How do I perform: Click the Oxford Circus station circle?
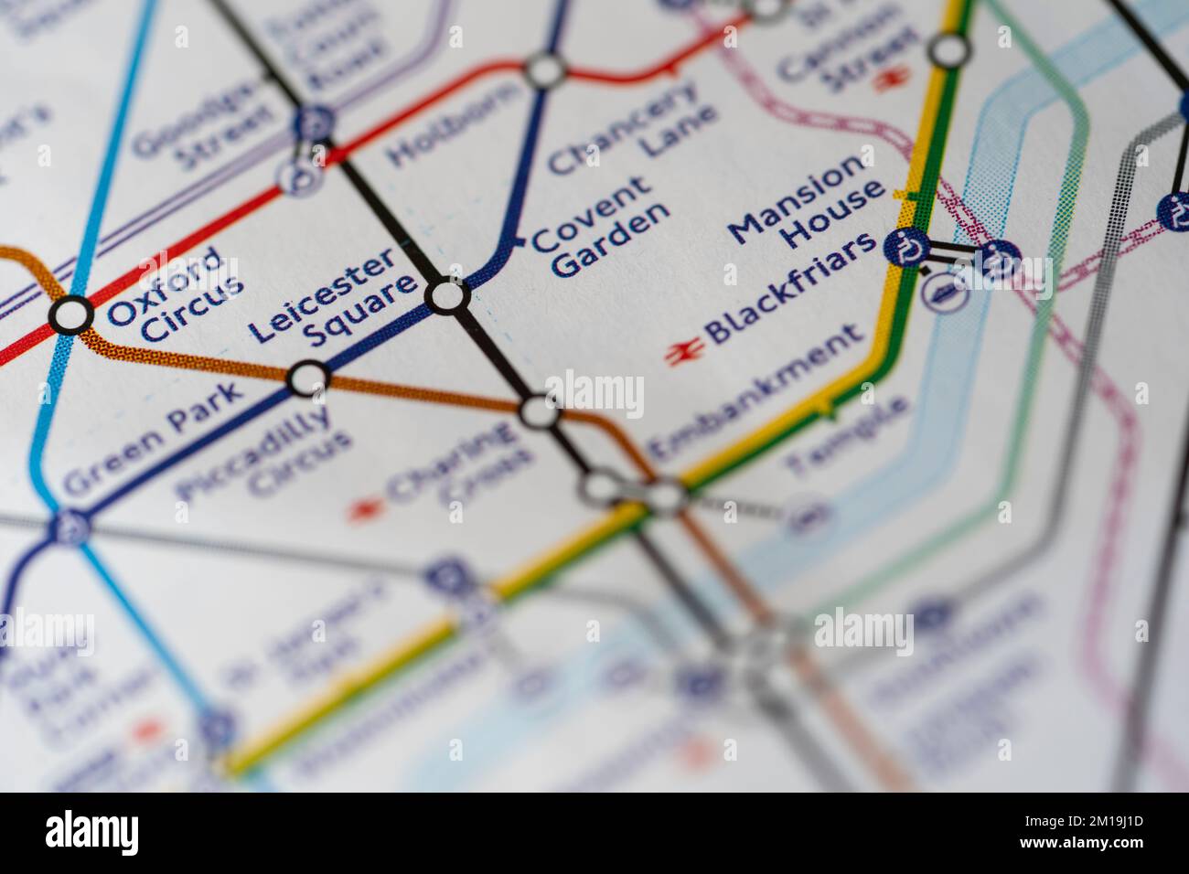(x=70, y=315)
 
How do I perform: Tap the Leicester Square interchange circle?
(x=448, y=296)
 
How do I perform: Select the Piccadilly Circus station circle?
(x=308, y=378)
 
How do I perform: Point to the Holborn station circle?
(x=546, y=70)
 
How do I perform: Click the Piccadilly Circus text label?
(x=266, y=457)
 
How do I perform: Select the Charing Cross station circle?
(x=540, y=412)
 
